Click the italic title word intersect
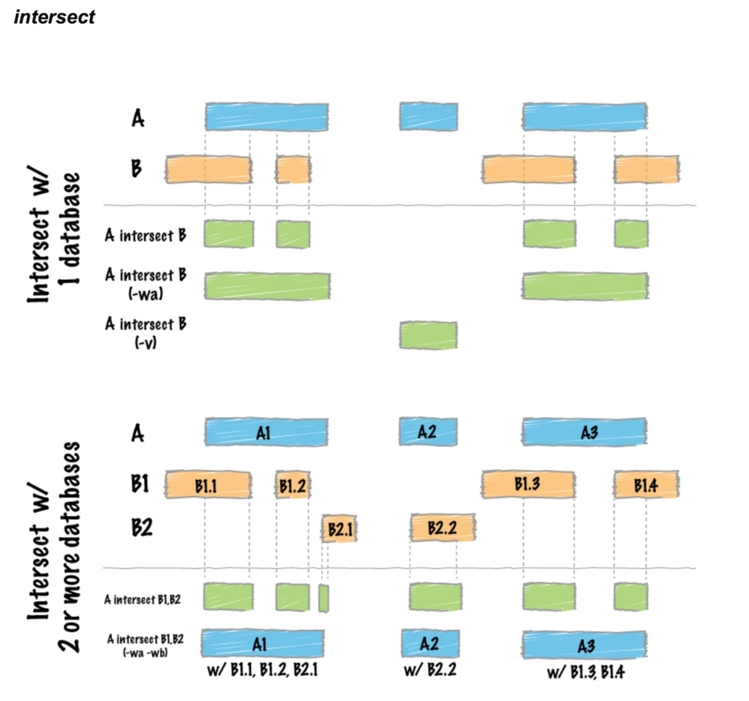[54, 17]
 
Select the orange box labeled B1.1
[208, 484]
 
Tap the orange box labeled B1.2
[293, 484]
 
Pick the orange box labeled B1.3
[529, 484]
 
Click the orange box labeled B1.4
[647, 484]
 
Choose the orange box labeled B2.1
[339, 528]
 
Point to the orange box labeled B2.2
[443, 528]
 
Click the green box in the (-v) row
[429, 335]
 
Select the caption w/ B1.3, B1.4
[586, 672]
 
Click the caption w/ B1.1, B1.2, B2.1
[263, 670]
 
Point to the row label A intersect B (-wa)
[146, 283]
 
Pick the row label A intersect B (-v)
[146, 332]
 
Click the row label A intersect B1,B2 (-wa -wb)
[146, 645]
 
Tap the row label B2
[142, 528]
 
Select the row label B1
[140, 484]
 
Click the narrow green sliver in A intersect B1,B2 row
[323, 598]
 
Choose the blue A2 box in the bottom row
[430, 643]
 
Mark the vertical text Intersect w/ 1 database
[53, 238]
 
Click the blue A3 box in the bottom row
[585, 645]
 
